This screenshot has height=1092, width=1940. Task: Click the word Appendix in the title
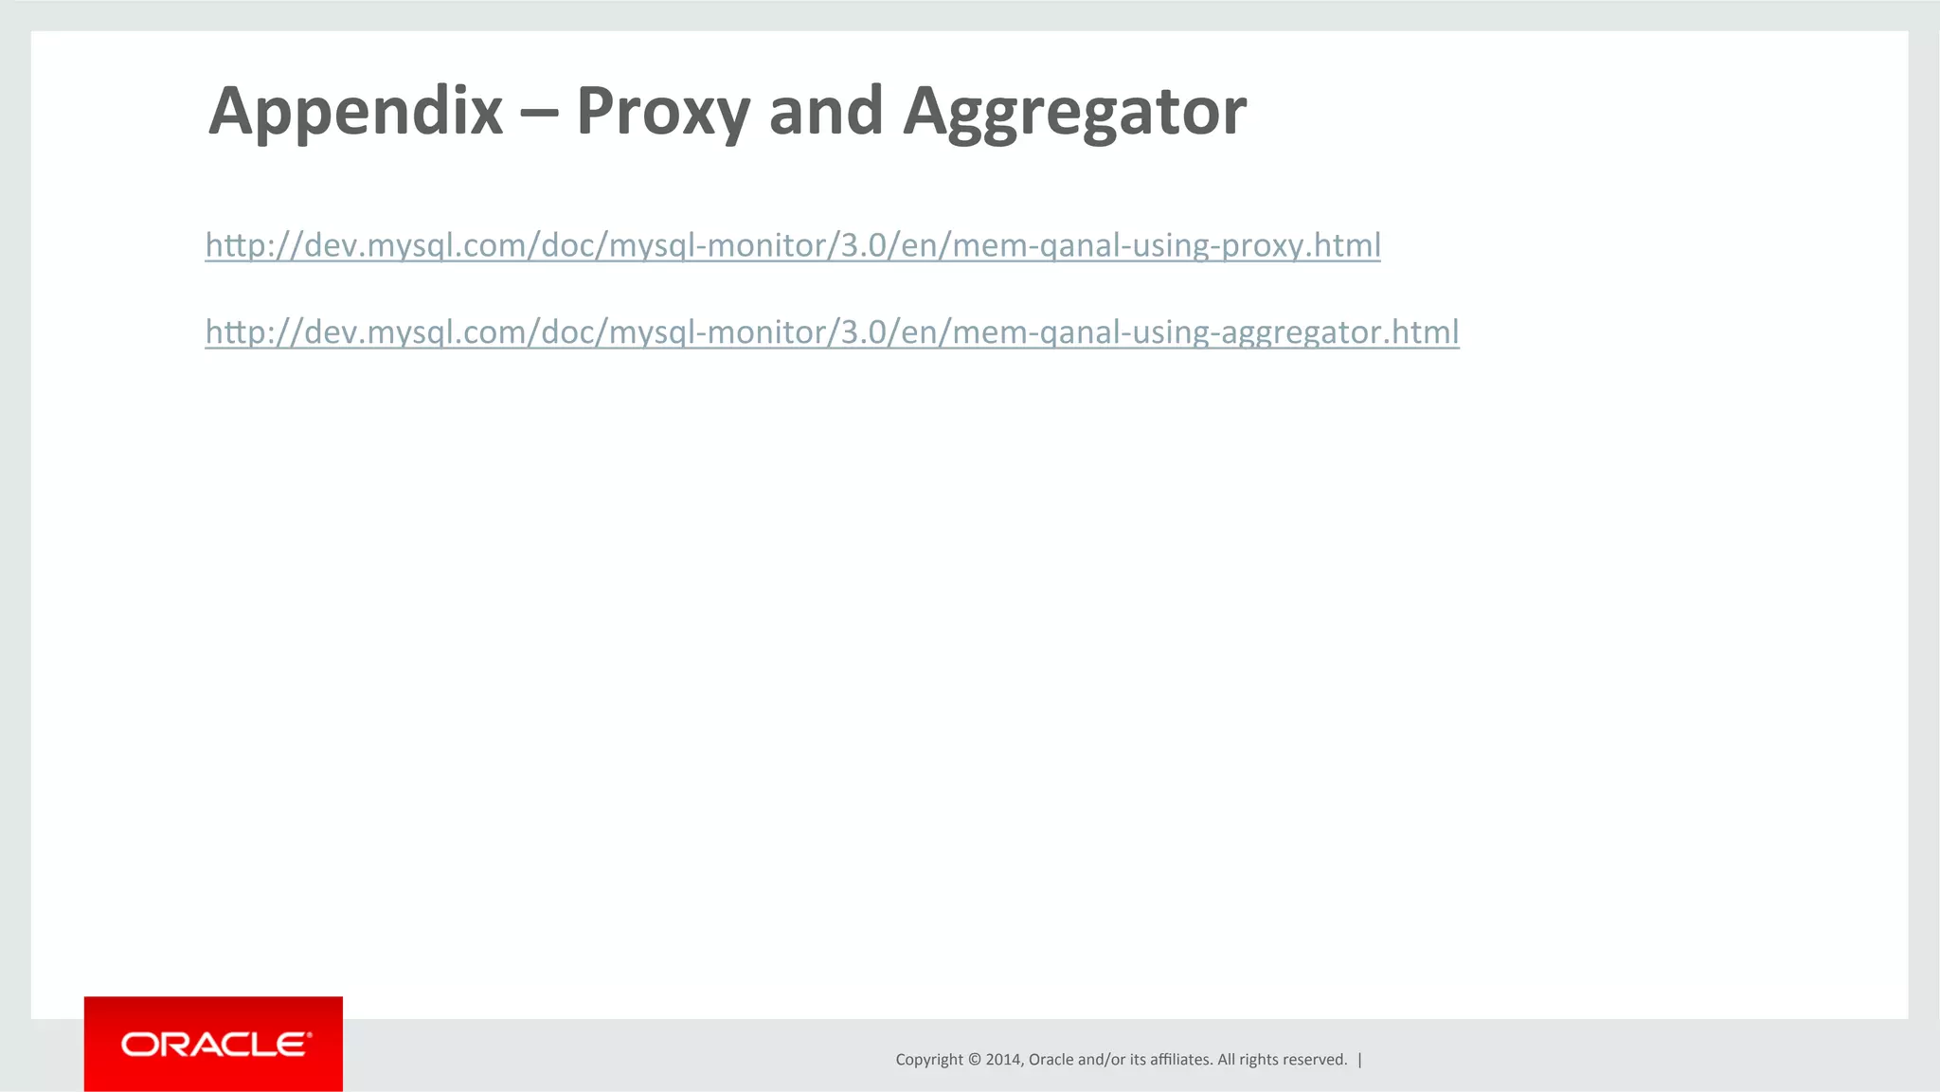[x=355, y=112]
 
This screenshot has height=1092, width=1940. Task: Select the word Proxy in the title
[x=660, y=112]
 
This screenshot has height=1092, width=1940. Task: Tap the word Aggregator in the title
[x=1074, y=112]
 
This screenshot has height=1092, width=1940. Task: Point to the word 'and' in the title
[x=826, y=112]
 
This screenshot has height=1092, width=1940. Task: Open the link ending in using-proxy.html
[x=792, y=245]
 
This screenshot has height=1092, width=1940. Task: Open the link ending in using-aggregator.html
[x=832, y=331]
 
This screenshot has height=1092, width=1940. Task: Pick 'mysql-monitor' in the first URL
[x=718, y=245]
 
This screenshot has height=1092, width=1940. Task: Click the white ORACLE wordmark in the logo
[x=215, y=1045]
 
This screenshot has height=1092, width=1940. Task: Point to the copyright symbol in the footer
[x=974, y=1060]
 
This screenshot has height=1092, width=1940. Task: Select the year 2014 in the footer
[x=1002, y=1060]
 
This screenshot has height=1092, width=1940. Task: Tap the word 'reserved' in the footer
[x=1314, y=1060]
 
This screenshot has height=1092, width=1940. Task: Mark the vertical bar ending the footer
[x=1360, y=1060]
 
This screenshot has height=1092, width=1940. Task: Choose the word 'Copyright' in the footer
[x=929, y=1060]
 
